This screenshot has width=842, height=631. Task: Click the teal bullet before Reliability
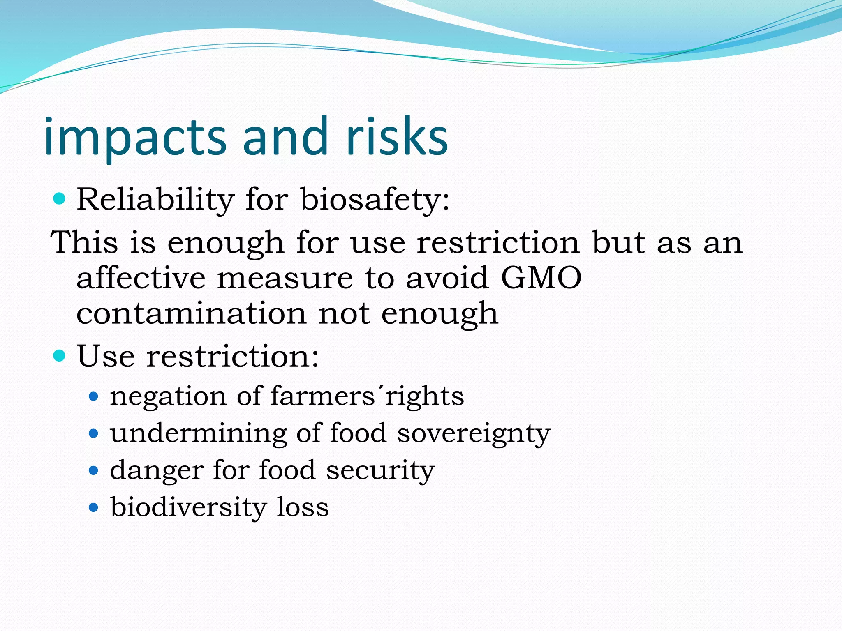[60, 199]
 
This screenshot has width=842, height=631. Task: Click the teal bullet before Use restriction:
[60, 355]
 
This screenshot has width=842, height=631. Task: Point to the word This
[84, 242]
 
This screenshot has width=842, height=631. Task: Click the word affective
[141, 278]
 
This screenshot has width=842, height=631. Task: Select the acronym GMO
[541, 278]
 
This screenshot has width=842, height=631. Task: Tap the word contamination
[191, 313]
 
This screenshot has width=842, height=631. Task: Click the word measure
[285, 278]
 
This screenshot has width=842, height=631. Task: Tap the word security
[380, 470]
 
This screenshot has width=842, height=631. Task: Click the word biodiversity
[188, 507]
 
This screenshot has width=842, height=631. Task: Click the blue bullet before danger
[94, 470]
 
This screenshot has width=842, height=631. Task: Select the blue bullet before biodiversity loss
[94, 508]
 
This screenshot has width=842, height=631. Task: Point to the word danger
[156, 471]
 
